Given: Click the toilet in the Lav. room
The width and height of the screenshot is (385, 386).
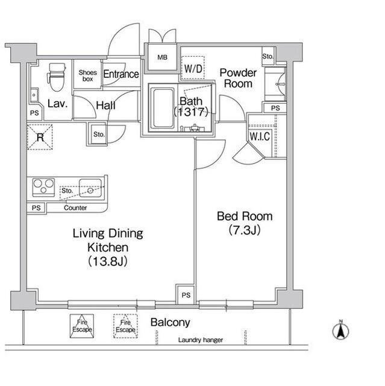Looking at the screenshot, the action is coord(57,77).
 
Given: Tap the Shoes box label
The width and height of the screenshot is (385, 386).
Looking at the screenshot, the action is coord(88,75).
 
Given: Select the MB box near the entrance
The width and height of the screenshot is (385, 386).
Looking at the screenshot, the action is coord(162,57).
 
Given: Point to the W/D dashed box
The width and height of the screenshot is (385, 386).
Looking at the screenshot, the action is coord(193,68).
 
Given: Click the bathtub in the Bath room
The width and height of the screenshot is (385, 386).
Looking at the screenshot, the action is coord(163,108).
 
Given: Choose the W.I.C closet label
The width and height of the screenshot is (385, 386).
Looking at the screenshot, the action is coord(260,136).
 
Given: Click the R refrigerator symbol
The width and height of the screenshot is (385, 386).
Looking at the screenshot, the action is coord(40,137).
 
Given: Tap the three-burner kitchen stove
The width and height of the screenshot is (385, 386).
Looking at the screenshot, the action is coord(43,188).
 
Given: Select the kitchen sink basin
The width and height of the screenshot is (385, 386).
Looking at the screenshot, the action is coord(90,188).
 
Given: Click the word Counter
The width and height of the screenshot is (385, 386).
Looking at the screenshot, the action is coord(75,207).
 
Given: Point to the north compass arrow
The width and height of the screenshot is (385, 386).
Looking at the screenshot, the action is coord(341,331).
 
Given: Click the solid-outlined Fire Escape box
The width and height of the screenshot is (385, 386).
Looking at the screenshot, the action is coord(82,326).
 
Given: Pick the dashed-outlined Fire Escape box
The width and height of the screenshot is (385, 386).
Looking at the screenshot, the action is coord(125,326).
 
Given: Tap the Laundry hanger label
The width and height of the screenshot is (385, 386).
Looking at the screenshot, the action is coord(201,340).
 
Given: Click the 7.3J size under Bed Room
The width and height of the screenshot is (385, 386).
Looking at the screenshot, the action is coord(245,230).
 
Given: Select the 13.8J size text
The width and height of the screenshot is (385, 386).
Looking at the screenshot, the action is coord(108,261).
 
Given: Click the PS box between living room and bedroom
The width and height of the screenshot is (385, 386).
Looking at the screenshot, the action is coord(186,295).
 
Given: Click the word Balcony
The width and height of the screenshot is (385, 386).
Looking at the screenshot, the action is coord(170,322).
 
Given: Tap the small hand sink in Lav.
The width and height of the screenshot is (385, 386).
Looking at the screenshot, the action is coord(34,95).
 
